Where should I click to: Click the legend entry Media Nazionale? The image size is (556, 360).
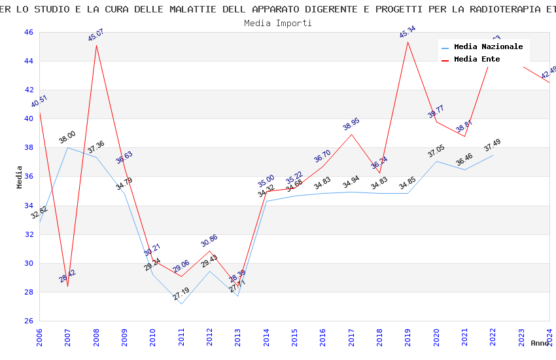point(488,47)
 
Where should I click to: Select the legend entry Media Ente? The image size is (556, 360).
point(477,60)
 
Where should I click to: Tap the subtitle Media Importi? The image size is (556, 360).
point(278,23)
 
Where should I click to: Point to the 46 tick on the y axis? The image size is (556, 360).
point(28,32)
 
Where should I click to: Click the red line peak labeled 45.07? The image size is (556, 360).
point(97,45)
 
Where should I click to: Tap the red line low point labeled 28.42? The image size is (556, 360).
point(68,286)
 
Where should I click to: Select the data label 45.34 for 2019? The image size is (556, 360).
point(408,32)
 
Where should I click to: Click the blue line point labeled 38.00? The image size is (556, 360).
point(67,147)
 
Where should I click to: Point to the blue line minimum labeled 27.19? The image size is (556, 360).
point(181,304)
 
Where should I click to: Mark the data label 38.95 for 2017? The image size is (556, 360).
point(351,124)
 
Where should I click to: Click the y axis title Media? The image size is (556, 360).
point(20,177)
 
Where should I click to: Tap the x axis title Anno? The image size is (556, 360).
point(540,343)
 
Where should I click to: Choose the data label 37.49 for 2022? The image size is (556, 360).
point(493,145)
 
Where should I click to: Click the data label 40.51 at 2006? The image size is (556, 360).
point(39,101)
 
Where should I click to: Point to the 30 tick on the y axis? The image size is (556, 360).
point(28,263)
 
